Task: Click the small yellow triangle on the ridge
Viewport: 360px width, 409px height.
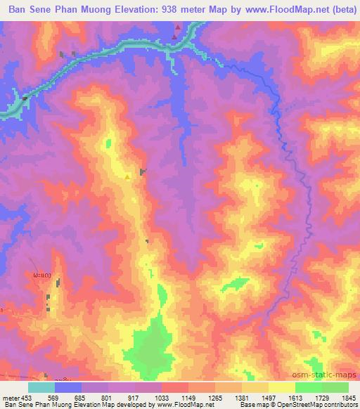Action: [127, 177]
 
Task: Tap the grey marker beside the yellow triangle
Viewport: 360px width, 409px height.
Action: [143, 171]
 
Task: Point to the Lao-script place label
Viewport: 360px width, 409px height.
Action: [41, 275]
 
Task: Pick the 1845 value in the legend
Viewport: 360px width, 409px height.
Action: [349, 398]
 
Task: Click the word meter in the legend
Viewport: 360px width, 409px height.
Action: [11, 398]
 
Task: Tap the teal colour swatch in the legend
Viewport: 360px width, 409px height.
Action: [41, 387]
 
